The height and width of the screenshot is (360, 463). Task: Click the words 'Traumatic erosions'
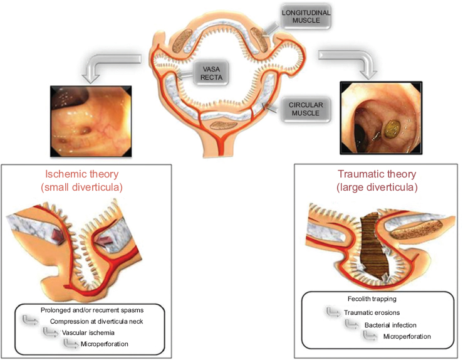coord(372,312)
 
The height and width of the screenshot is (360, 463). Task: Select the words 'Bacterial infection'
coord(390,324)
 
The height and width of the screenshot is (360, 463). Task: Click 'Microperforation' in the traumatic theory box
coord(407,336)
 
